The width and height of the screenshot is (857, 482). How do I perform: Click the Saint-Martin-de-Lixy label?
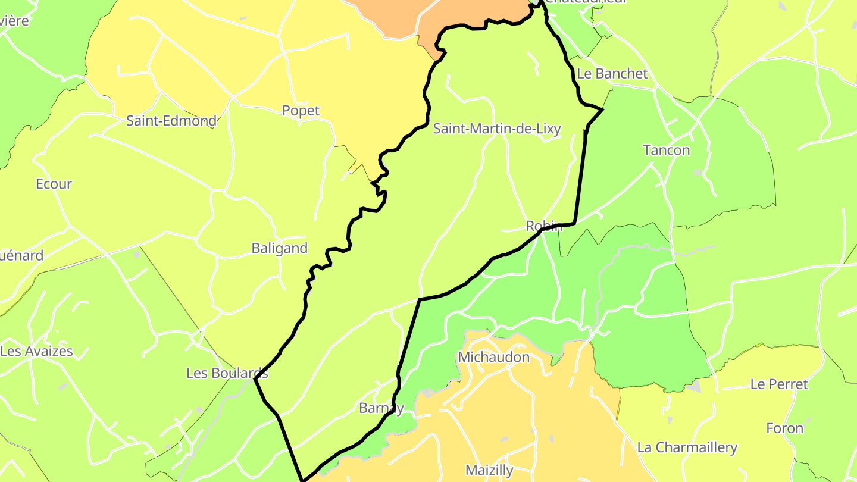click(x=497, y=129)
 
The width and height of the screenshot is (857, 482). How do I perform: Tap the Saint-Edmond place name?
click(x=171, y=121)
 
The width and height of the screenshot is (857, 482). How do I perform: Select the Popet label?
click(x=301, y=111)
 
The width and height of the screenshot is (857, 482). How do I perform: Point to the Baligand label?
click(x=280, y=248)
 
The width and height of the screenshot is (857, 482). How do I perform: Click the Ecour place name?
click(x=54, y=184)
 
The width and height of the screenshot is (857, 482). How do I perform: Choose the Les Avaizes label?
click(x=37, y=351)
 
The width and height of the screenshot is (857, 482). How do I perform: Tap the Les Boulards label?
click(x=227, y=373)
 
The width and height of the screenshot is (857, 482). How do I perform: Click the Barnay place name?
click(x=381, y=408)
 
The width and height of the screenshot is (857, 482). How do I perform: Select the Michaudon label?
click(x=493, y=357)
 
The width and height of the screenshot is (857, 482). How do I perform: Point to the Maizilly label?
click(x=489, y=470)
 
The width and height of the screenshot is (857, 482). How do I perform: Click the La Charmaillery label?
click(x=687, y=447)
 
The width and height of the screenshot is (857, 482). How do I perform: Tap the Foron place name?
click(x=784, y=428)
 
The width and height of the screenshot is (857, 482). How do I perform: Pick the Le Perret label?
click(x=779, y=384)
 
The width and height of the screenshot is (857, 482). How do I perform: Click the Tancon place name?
click(x=667, y=150)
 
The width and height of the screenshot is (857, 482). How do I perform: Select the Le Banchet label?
click(x=612, y=74)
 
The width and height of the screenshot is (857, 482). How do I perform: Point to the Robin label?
click(x=544, y=226)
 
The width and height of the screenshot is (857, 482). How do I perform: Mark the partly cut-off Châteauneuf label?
click(x=586, y=2)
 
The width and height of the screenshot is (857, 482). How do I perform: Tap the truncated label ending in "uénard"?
click(x=22, y=256)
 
